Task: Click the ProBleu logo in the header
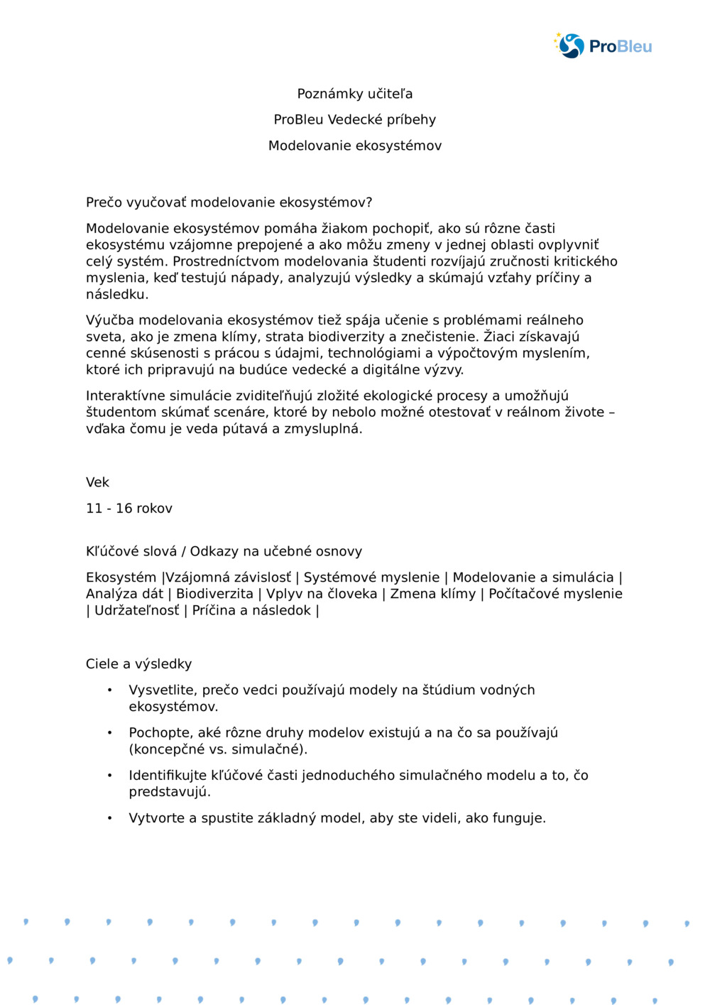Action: pyautogui.click(x=603, y=46)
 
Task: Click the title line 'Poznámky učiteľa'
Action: pyautogui.click(x=354, y=94)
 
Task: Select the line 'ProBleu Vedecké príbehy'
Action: pyautogui.click(x=354, y=119)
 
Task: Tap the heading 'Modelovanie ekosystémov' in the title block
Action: pyautogui.click(x=354, y=146)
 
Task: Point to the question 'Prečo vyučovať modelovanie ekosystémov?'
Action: pyautogui.click(x=229, y=202)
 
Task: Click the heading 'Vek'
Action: pyautogui.click(x=97, y=482)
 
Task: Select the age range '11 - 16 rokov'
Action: pyautogui.click(x=129, y=509)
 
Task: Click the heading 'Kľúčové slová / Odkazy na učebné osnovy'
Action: pyautogui.click(x=224, y=551)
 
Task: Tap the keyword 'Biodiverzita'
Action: pyautogui.click(x=214, y=594)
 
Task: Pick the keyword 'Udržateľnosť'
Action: pyautogui.click(x=137, y=611)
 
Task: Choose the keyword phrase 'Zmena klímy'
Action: pyautogui.click(x=432, y=594)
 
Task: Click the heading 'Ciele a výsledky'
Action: pyautogui.click(x=138, y=664)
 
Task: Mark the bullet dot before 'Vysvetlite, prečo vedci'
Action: pyautogui.click(x=110, y=690)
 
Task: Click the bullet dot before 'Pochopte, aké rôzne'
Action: pyautogui.click(x=110, y=732)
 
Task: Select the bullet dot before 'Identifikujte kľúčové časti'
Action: pyautogui.click(x=110, y=775)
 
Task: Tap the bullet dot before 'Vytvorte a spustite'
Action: pyautogui.click(x=110, y=817)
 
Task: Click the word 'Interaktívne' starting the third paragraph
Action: pyautogui.click(x=126, y=396)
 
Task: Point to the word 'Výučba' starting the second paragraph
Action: pyautogui.click(x=109, y=320)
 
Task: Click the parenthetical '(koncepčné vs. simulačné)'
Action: pyautogui.click(x=218, y=749)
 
